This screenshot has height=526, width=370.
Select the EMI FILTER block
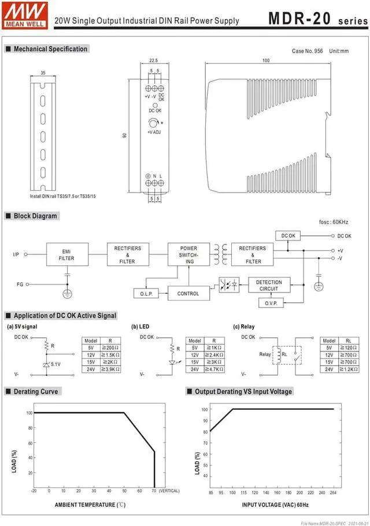(66, 255)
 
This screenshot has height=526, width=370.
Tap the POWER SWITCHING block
(188, 255)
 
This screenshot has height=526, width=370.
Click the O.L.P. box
(146, 294)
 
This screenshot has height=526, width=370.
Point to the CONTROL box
(188, 294)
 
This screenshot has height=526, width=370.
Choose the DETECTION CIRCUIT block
(269, 285)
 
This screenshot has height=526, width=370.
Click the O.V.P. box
(271, 303)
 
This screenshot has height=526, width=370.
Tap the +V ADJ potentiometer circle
(153, 123)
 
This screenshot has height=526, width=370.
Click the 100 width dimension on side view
(265, 61)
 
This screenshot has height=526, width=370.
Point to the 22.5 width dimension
(153, 60)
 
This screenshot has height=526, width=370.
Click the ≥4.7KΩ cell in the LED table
(214, 369)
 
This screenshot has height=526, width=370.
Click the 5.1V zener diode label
(55, 365)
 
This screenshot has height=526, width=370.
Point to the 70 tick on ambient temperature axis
(154, 491)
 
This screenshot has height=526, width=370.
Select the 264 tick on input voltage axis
(334, 493)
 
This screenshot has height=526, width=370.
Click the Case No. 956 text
(308, 51)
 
